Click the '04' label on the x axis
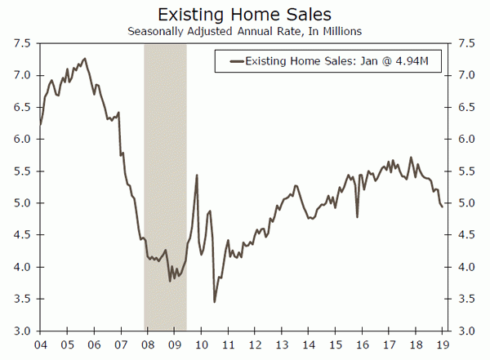[42, 344]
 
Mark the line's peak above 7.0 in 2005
[85, 59]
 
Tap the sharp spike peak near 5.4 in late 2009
[197, 176]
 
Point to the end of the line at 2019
[443, 207]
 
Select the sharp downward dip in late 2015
[358, 216]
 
